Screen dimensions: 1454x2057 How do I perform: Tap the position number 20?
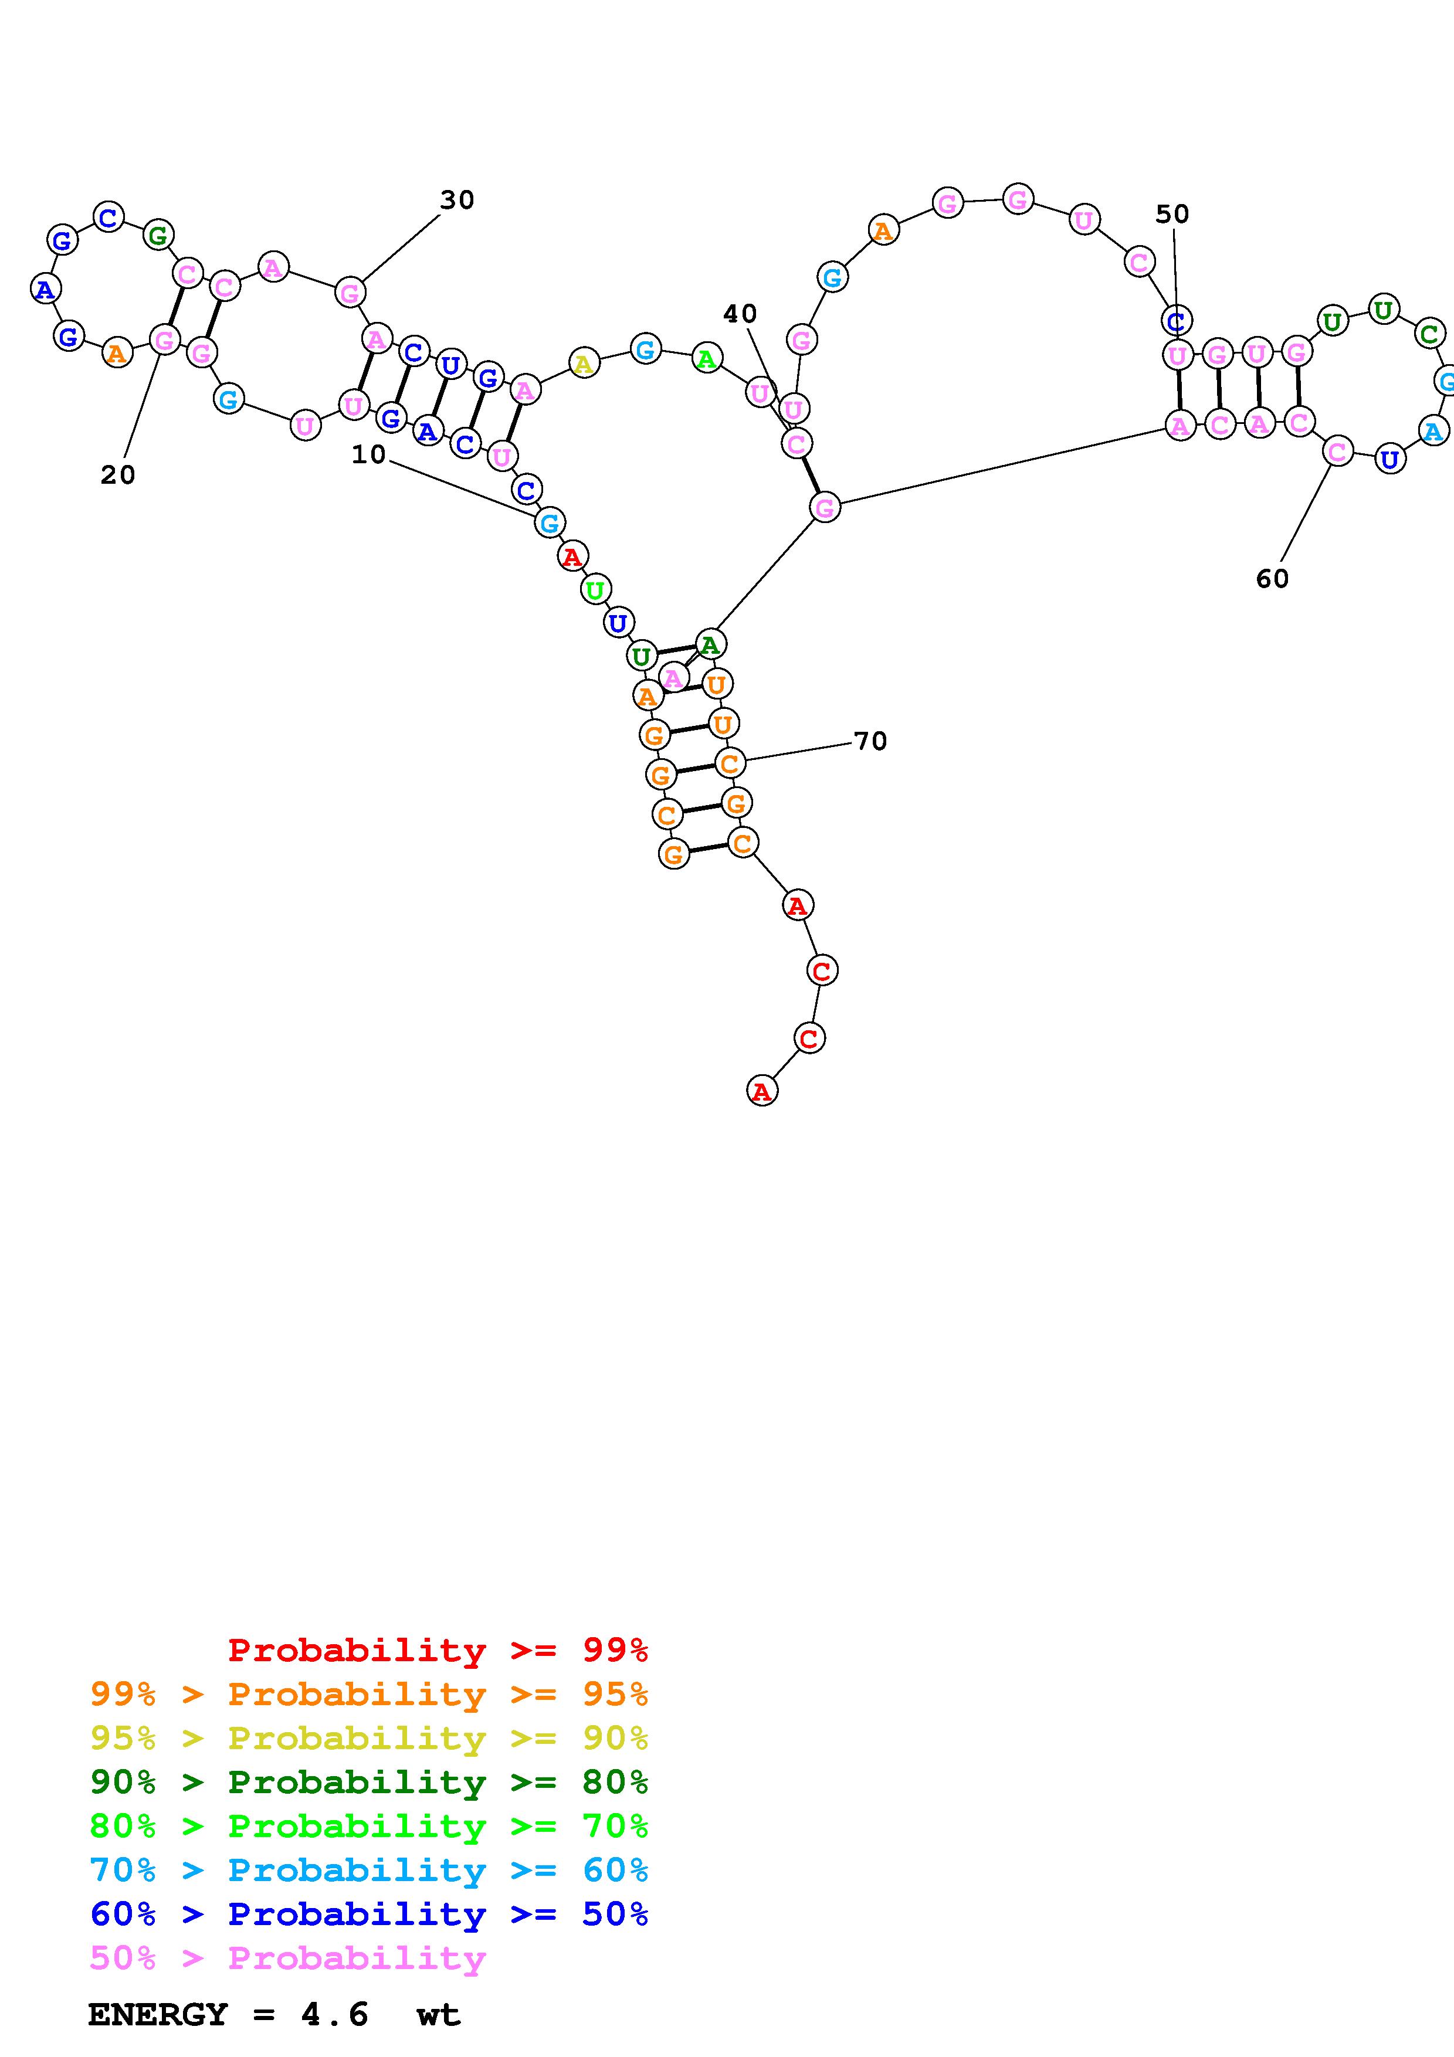117,475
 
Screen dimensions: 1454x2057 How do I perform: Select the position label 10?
368,455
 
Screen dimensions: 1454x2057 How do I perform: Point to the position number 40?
740,314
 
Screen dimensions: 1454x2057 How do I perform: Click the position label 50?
1172,214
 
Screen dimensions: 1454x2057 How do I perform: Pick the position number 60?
1272,579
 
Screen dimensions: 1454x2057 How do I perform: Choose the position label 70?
870,741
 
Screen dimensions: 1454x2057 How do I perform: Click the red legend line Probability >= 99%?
437,1650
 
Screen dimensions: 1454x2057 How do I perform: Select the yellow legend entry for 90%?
369,1738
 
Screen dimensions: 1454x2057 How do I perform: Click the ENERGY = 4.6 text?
228,2015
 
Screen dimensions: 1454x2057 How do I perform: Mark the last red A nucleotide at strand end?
761,1091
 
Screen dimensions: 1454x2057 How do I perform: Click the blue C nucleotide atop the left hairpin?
109,217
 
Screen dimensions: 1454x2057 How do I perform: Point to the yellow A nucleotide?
583,364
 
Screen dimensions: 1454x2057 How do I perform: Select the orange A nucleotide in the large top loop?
883,231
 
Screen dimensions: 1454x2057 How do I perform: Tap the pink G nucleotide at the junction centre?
824,508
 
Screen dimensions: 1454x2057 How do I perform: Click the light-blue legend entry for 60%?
369,1870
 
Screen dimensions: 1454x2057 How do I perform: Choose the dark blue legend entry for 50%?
369,1914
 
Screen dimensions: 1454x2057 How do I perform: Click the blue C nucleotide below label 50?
1177,320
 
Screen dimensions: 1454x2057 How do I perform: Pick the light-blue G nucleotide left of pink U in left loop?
229,399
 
